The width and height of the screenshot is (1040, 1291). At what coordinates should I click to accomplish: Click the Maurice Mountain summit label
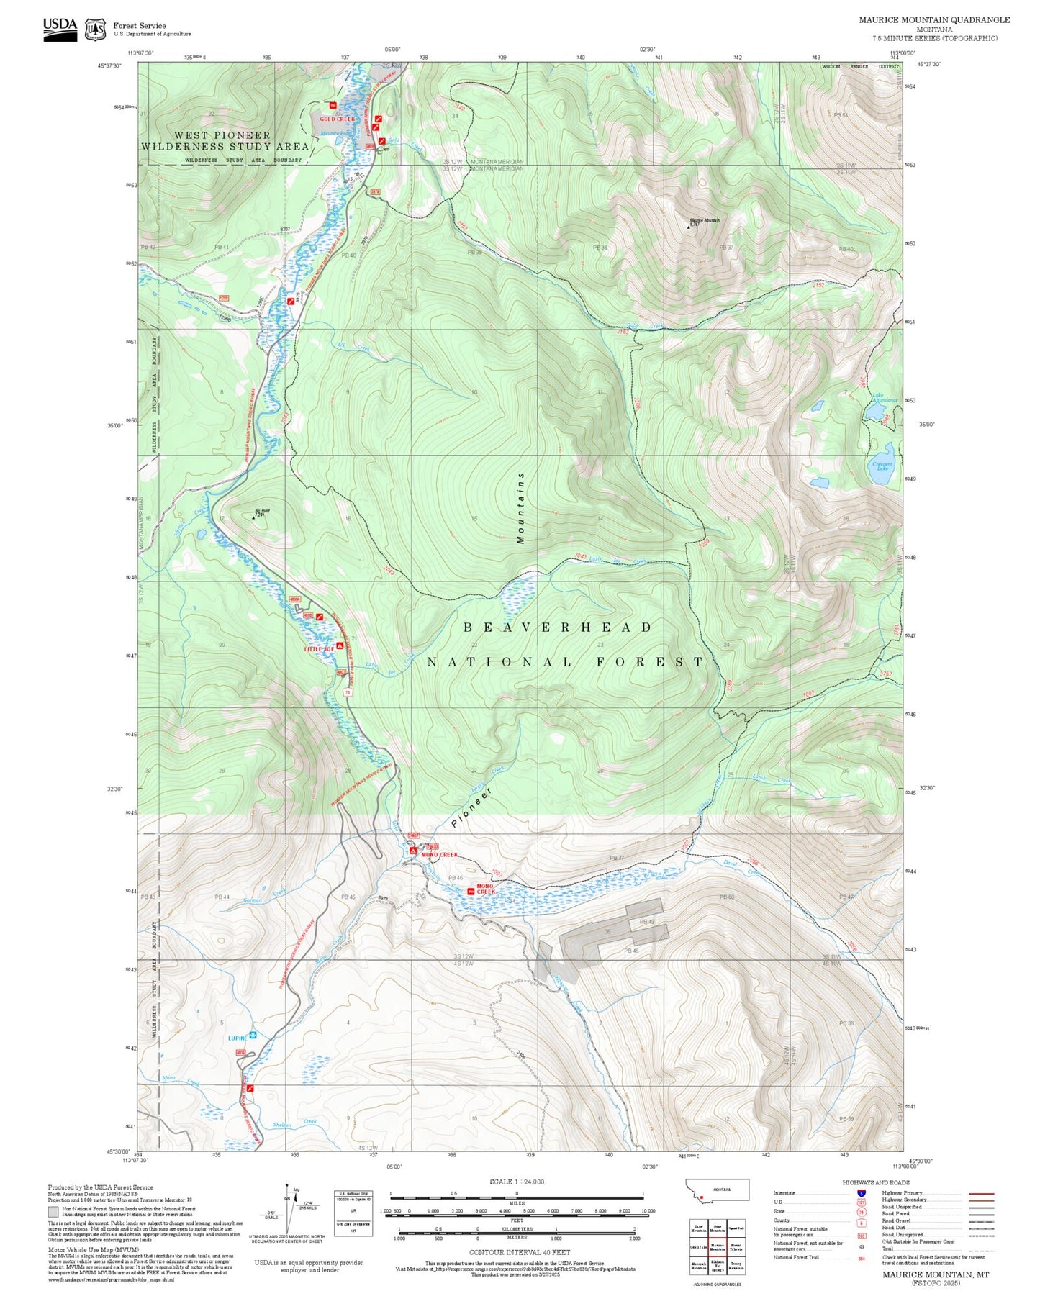(704, 220)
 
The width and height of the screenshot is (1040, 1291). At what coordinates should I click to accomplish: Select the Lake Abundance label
(884, 397)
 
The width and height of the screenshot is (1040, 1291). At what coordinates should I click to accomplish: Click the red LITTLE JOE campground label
(319, 649)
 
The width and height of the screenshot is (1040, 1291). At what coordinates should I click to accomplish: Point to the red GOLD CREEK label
(337, 119)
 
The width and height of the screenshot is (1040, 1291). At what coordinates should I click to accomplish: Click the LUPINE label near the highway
(238, 1038)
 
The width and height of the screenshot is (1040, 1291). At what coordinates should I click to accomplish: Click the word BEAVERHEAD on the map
(558, 628)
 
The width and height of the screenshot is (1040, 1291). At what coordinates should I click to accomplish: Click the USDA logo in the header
(60, 29)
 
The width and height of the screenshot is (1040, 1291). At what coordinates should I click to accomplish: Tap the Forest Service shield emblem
(95, 30)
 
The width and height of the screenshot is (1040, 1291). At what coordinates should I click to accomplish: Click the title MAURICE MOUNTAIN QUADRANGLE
(933, 20)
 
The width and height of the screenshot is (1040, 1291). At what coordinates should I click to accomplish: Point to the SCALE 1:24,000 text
(516, 1182)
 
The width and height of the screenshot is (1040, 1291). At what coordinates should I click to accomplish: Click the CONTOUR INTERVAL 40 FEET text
(519, 1252)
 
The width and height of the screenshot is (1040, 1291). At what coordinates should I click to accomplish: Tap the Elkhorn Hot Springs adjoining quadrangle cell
(717, 1266)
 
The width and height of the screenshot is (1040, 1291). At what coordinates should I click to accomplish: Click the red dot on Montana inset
(700, 1197)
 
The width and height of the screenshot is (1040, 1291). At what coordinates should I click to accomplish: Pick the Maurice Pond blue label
(335, 133)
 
